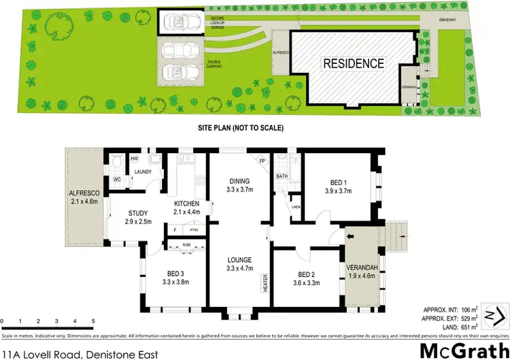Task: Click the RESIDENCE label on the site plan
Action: pos(353,64)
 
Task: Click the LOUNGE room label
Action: pos(240,260)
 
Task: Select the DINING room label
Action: pos(241,181)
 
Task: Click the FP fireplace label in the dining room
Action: pos(262,161)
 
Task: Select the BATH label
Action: pos(282,176)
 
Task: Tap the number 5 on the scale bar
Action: pos(93,321)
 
